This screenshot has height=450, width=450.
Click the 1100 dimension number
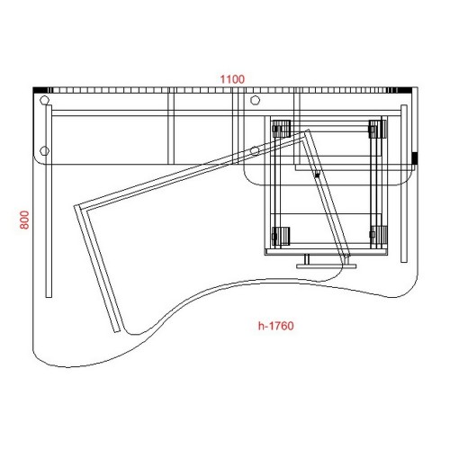(x=232, y=79)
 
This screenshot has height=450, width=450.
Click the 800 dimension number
(x=24, y=220)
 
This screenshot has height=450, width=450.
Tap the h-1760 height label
(x=275, y=326)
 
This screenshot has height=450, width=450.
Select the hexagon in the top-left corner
(x=44, y=100)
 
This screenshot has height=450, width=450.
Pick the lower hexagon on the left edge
(x=44, y=150)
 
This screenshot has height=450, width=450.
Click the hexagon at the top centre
(x=255, y=100)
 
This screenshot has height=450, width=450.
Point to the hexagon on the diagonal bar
(x=255, y=150)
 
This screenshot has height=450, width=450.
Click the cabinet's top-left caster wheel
(x=281, y=129)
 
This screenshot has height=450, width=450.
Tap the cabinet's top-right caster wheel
(x=378, y=129)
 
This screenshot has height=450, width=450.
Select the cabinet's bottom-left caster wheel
(x=281, y=236)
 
